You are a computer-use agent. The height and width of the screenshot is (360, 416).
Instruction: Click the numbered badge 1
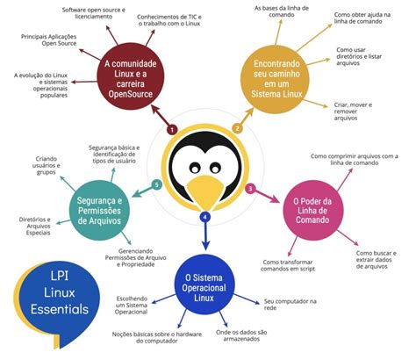tap(173, 129)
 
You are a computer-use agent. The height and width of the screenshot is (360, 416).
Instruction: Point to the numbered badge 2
tap(237, 128)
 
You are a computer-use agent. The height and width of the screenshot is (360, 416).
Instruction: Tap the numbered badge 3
tap(251, 188)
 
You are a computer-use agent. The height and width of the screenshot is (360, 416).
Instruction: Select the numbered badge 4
tap(205, 216)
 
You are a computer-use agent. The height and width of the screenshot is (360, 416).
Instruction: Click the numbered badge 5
tap(157, 185)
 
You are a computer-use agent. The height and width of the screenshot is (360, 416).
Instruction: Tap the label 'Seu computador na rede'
tap(289, 305)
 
